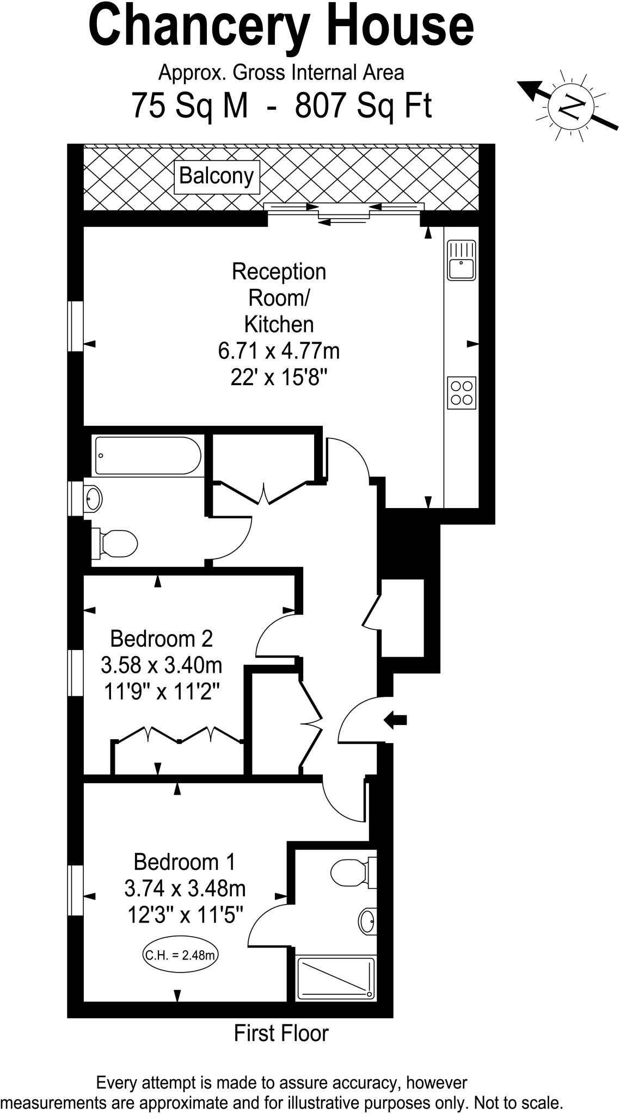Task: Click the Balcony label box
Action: pos(217,177)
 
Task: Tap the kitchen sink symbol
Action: pos(462,261)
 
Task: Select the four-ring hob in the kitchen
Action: pos(462,393)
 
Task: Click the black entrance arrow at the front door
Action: pos(396,720)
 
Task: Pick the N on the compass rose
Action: pos(571,105)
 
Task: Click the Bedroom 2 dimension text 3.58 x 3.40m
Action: pos(162,665)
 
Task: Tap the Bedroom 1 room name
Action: pos(185,862)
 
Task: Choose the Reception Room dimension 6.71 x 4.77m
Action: pos(279,351)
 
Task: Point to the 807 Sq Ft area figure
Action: pos(363,105)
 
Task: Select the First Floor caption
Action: pos(281,1033)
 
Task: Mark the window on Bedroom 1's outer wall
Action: pos(76,890)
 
